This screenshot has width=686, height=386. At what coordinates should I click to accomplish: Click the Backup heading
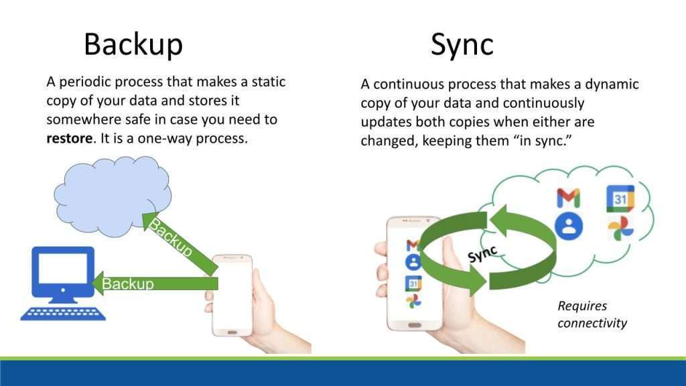pyautogui.click(x=133, y=45)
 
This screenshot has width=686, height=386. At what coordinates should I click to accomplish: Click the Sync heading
pyautogui.click(x=462, y=45)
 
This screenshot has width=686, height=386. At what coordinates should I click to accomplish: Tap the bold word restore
pyautogui.click(x=70, y=140)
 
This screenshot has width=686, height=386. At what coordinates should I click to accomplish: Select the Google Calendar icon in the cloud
pyautogui.click(x=620, y=198)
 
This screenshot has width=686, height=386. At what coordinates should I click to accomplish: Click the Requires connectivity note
pyautogui.click(x=592, y=314)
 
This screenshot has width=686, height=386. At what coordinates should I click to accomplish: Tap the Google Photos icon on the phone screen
pyautogui.click(x=413, y=302)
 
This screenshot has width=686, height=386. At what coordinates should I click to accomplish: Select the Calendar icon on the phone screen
pyautogui.click(x=413, y=283)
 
